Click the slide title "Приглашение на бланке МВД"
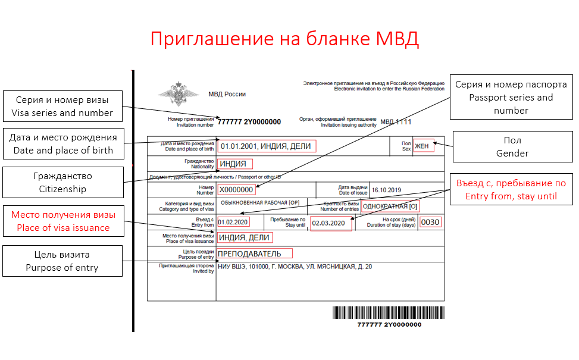[284, 39]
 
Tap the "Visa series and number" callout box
[62, 106]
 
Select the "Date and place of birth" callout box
[63, 144]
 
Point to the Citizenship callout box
[62, 182]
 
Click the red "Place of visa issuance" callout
[63, 221]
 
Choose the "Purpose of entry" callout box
[62, 261]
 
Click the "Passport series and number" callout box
[511, 98]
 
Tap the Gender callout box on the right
[512, 147]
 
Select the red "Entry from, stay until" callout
[511, 189]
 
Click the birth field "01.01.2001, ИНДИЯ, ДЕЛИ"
[266, 146]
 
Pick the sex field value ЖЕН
[423, 146]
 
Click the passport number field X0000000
[236, 190]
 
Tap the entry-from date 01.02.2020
[233, 223]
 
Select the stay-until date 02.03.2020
[330, 224]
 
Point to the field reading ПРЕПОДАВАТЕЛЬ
[254, 254]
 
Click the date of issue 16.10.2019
[387, 190]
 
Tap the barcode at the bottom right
[389, 313]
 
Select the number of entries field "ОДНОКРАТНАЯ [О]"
[391, 206]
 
